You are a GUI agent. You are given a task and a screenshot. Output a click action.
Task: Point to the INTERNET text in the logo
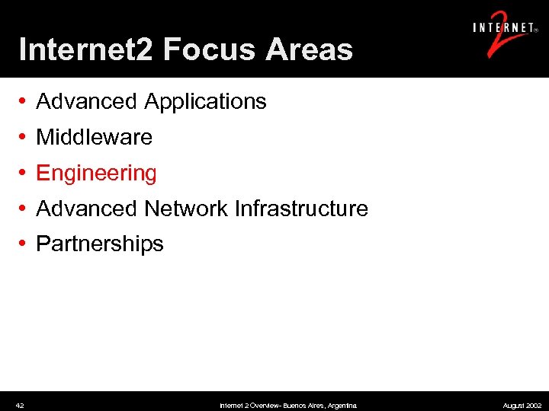[503, 28]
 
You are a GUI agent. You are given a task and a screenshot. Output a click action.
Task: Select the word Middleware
[95, 138]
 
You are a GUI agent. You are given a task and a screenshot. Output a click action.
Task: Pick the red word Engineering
[97, 174]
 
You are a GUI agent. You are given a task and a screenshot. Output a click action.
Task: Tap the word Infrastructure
[301, 209]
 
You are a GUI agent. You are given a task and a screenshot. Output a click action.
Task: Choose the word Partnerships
[100, 244]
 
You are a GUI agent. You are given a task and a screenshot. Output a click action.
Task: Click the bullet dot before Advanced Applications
[24, 102]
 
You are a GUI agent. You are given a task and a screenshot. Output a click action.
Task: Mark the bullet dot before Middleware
[24, 138]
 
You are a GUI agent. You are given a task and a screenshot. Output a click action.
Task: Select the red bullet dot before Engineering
[24, 173]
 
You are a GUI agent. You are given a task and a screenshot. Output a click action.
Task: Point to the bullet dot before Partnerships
[24, 244]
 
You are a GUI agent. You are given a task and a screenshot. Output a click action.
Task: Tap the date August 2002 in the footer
[522, 406]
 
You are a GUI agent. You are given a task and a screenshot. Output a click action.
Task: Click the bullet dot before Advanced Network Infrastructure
[24, 209]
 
